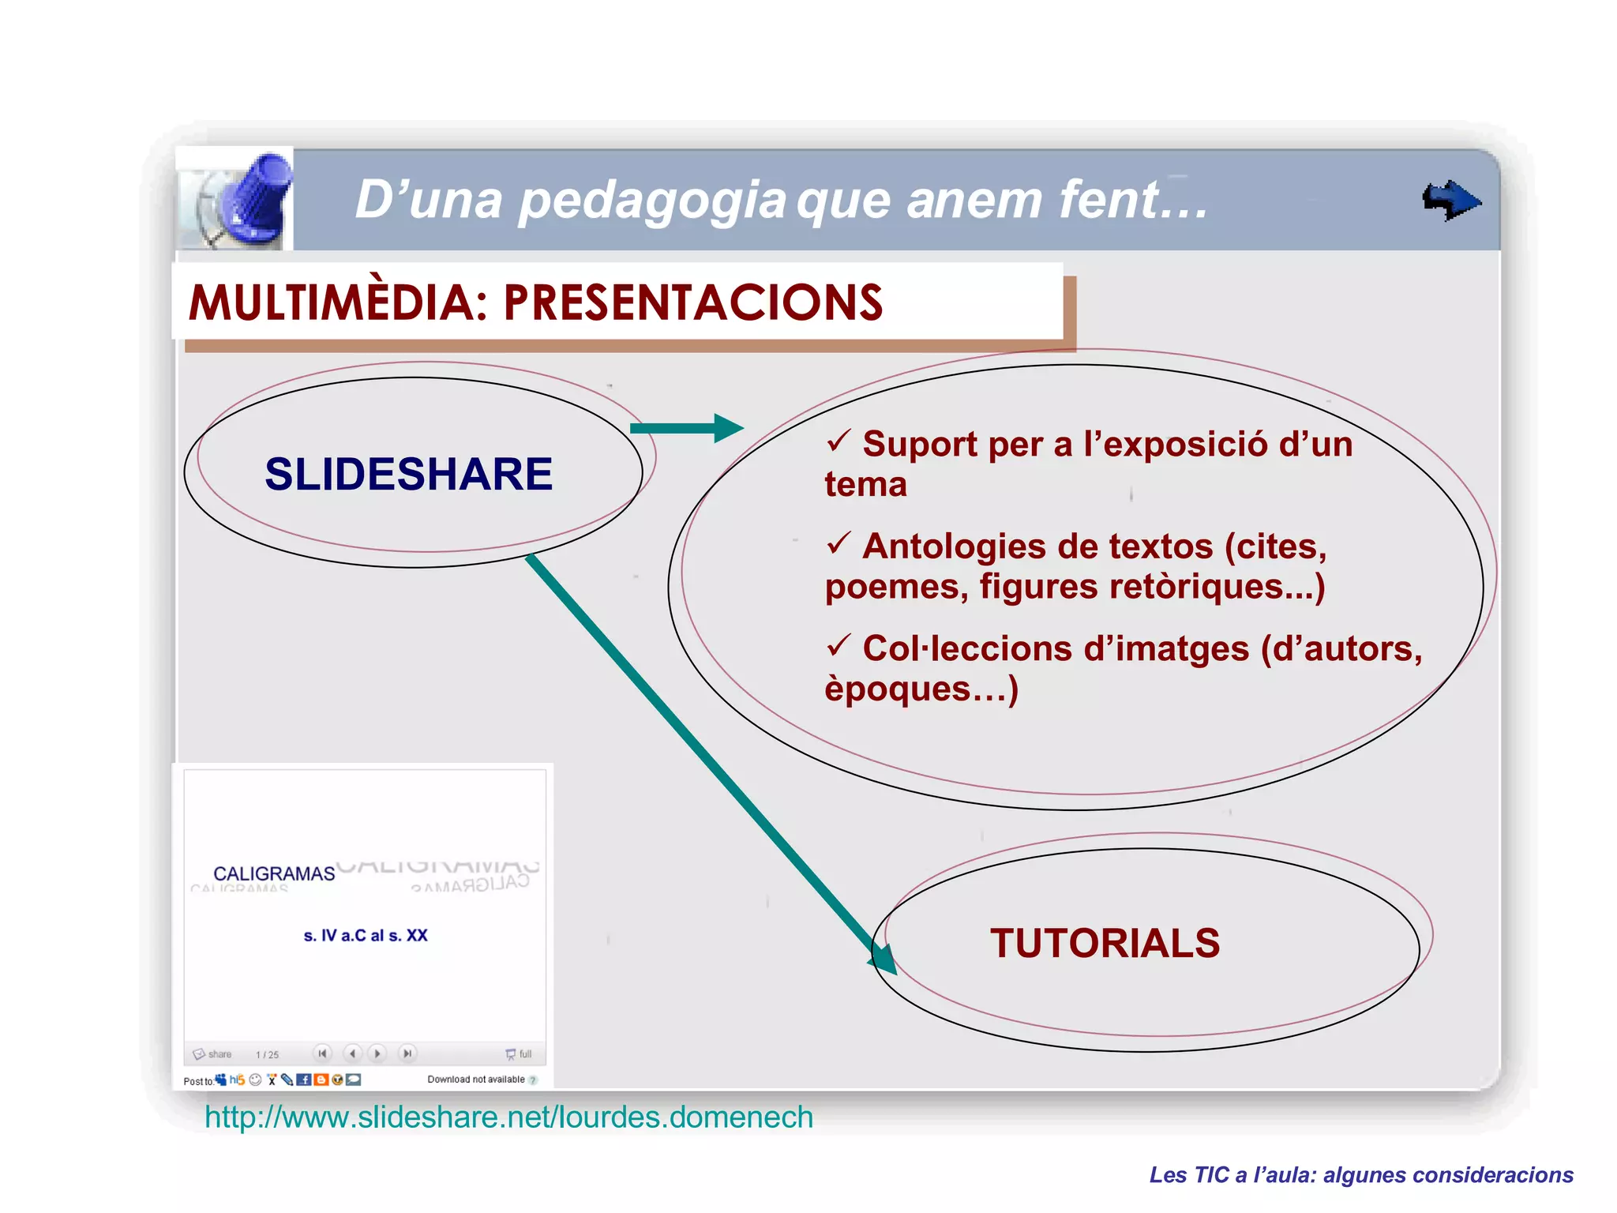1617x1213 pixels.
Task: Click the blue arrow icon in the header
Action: click(x=1451, y=201)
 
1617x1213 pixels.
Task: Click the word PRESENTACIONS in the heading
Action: click(x=692, y=302)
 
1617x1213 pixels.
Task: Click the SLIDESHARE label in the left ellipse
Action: click(x=408, y=474)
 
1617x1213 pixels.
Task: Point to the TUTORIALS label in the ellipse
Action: click(x=1105, y=943)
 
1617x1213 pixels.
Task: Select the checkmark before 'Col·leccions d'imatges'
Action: click(x=838, y=645)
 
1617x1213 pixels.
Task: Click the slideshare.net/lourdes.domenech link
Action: click(x=508, y=1117)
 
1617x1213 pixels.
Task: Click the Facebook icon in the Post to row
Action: click(x=303, y=1080)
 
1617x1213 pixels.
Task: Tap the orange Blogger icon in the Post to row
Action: click(x=321, y=1080)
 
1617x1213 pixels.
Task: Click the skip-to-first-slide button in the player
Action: click(x=322, y=1053)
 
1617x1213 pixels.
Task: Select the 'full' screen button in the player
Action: click(x=519, y=1054)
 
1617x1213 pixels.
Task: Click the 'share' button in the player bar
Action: click(x=212, y=1054)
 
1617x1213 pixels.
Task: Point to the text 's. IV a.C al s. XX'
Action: click(x=366, y=935)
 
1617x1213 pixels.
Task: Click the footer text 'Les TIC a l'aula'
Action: click(x=1361, y=1175)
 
